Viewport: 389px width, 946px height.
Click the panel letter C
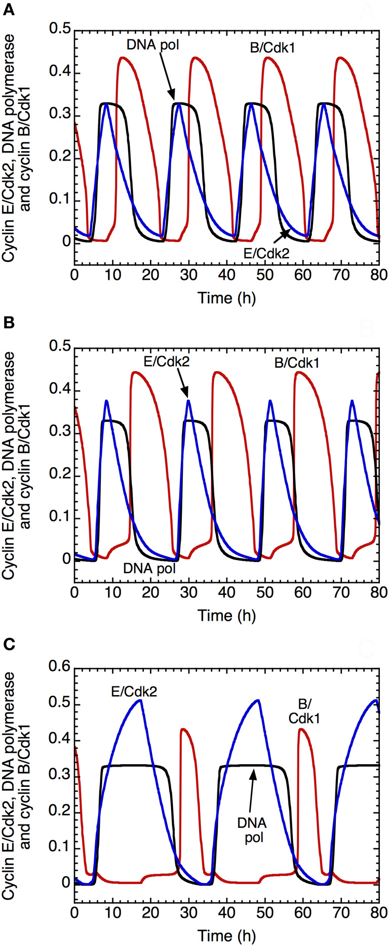coord(9,644)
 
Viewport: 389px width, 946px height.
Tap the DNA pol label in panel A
coord(152,45)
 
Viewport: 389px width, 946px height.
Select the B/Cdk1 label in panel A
coord(273,49)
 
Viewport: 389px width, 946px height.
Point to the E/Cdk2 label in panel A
coord(266,253)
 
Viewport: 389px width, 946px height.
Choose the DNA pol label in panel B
coord(149,569)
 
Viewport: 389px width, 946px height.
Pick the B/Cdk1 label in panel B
coord(297,363)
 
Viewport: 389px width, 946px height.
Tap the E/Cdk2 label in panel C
coord(134,692)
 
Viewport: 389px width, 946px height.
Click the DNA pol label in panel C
coord(252,830)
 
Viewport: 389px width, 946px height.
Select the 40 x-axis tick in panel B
coord(227,592)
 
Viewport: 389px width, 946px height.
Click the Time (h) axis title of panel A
coord(226,297)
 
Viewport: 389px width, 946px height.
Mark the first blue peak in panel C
coord(140,700)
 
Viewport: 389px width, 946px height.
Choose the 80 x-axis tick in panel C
coord(379,913)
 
